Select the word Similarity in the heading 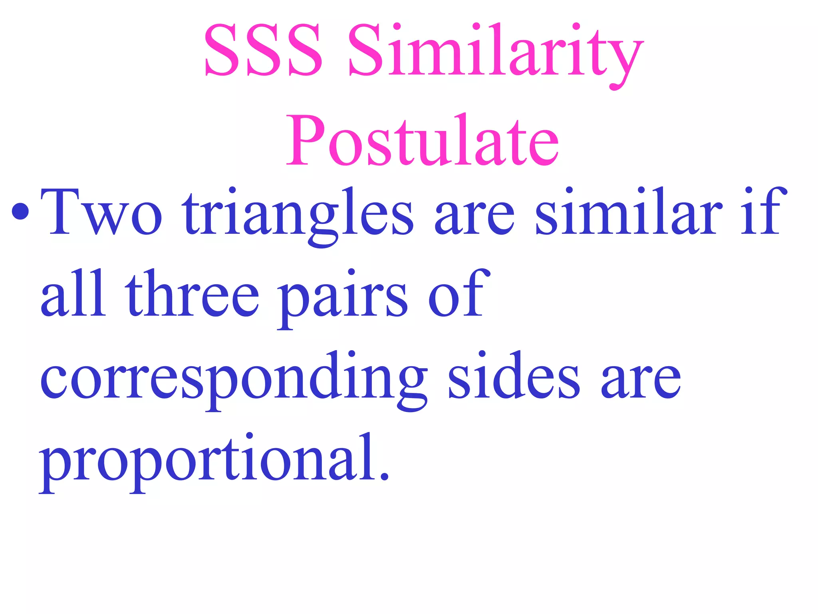coord(495,52)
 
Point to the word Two coord(101,212)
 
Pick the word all coord(73,294)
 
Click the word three coord(192,294)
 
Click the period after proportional coord(384,476)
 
